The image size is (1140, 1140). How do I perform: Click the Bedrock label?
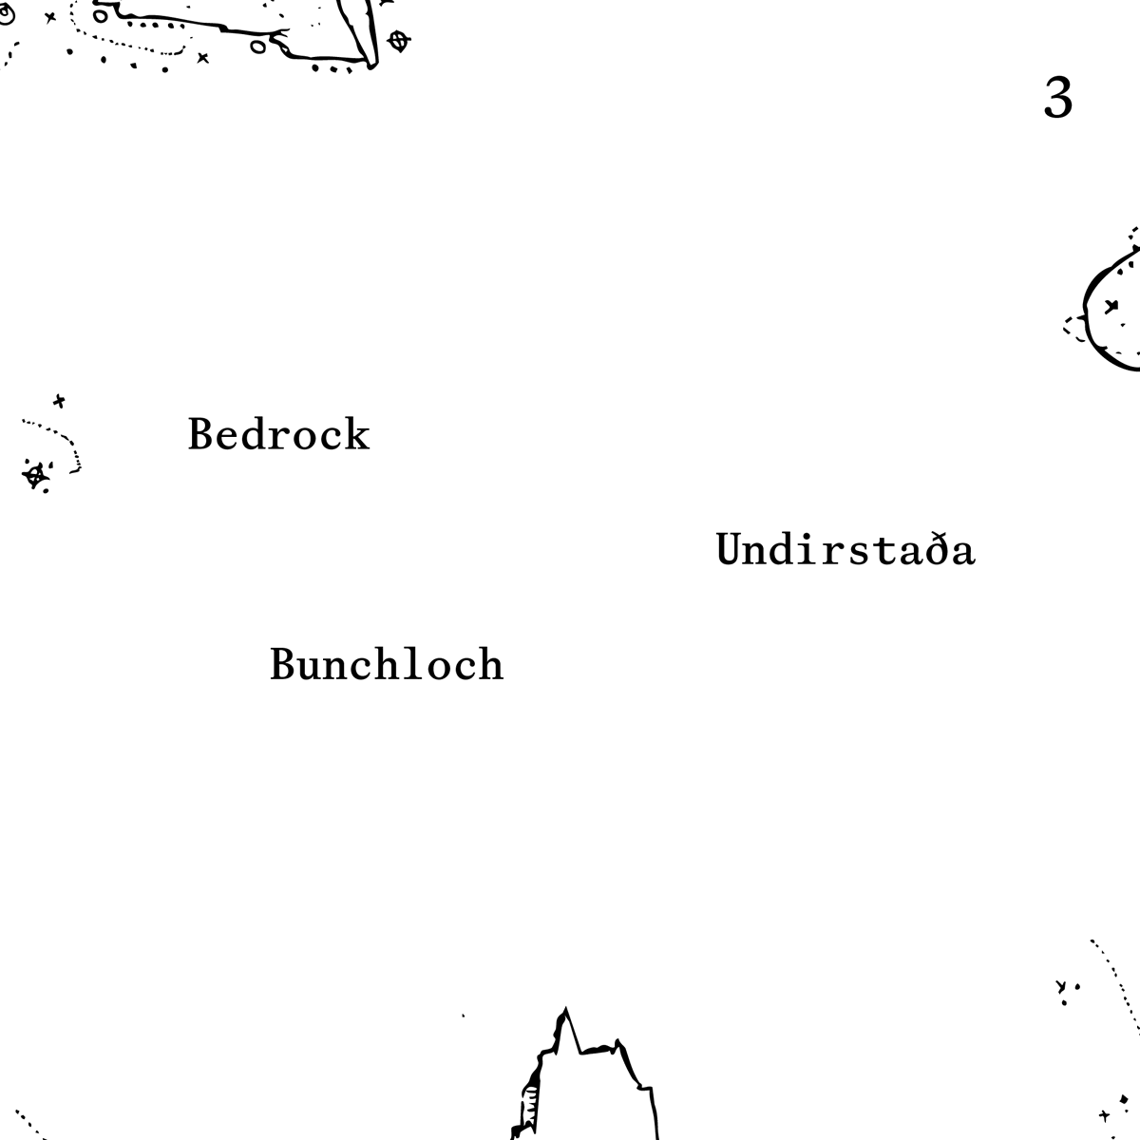click(278, 435)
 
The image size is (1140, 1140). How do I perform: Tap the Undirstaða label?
click(845, 550)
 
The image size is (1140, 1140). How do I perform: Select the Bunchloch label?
click(387, 664)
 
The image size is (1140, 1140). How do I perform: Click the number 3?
click(1058, 98)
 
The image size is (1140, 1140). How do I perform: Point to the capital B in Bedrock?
click(199, 435)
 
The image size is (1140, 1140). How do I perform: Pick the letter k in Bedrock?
click(357, 435)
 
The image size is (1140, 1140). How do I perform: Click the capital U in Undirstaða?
click(730, 550)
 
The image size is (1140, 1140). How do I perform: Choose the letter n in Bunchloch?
click(333, 666)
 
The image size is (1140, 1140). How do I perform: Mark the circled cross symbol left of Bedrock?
click(36, 475)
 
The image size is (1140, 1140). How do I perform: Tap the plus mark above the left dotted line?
click(59, 401)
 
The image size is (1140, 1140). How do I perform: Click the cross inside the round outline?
click(1111, 305)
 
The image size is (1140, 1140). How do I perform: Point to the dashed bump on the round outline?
click(1075, 328)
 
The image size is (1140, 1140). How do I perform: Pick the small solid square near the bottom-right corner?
click(1124, 1100)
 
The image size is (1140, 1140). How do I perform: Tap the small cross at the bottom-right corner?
click(1104, 1115)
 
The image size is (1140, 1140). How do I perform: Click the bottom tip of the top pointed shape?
click(372, 65)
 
